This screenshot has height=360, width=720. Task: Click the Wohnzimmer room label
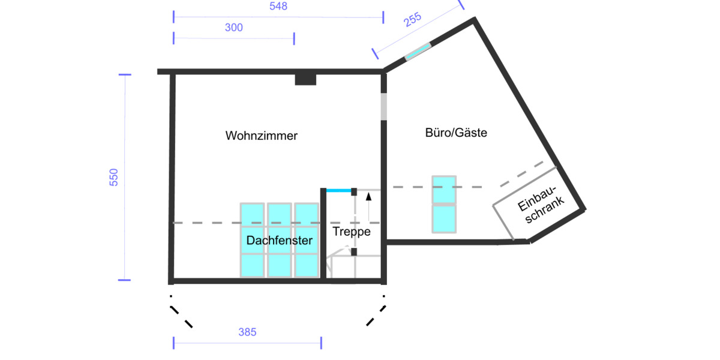pyautogui.click(x=261, y=136)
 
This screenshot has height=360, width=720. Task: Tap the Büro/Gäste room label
pyautogui.click(x=456, y=133)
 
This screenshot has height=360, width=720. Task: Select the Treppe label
pyautogui.click(x=352, y=232)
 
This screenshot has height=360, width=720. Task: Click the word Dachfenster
pyautogui.click(x=280, y=241)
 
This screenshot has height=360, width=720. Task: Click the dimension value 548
pyautogui.click(x=278, y=7)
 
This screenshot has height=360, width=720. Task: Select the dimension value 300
pyautogui.click(x=233, y=28)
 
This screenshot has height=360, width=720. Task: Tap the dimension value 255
pyautogui.click(x=413, y=20)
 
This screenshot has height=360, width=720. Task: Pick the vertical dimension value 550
pyautogui.click(x=114, y=177)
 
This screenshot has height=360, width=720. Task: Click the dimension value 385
pyautogui.click(x=247, y=332)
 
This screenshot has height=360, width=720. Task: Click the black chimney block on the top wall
pyautogui.click(x=305, y=79)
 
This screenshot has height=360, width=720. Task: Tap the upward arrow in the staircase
pyautogui.click(x=369, y=204)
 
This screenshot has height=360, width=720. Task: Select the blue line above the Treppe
pyautogui.click(x=338, y=190)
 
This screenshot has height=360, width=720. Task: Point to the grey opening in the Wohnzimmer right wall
pyautogui.click(x=383, y=107)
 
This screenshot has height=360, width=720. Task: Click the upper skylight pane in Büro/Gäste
pyautogui.click(x=444, y=190)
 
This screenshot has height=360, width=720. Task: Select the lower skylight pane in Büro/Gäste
pyautogui.click(x=444, y=218)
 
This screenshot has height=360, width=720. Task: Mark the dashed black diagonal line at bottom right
pyautogui.click(x=376, y=315)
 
